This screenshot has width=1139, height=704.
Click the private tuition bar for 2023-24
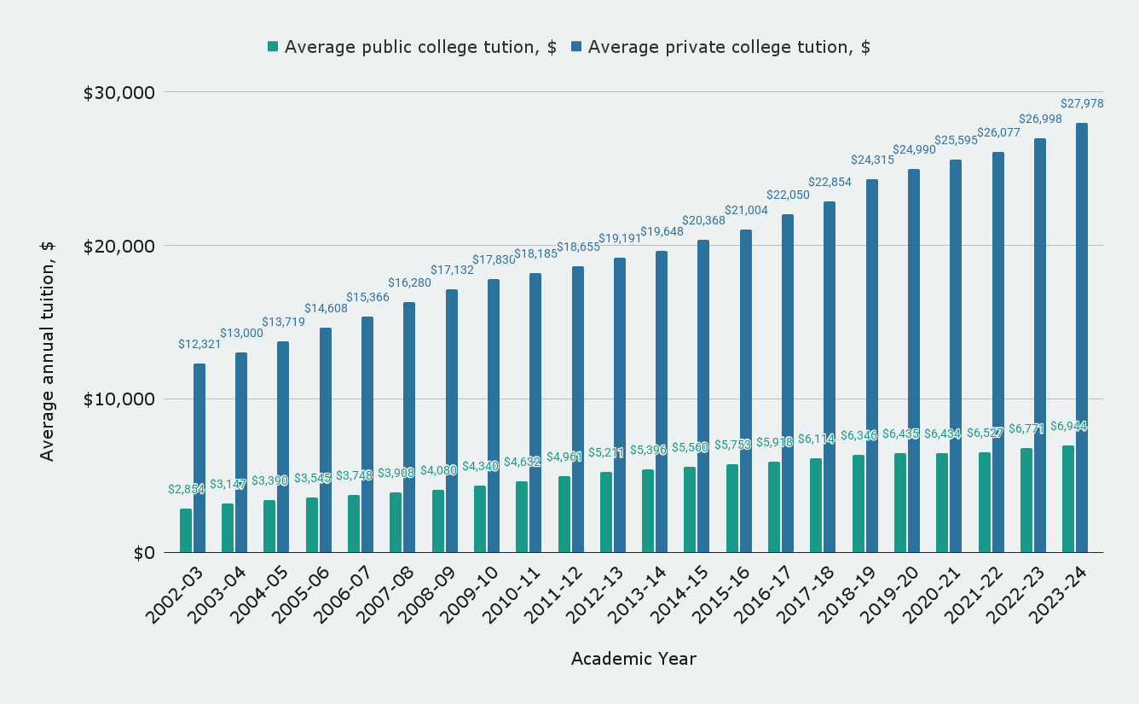[x=1082, y=338]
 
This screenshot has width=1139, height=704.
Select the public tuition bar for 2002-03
[x=186, y=531]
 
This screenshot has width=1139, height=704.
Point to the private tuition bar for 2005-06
[x=326, y=440]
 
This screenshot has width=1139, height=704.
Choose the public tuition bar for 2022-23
[x=1026, y=500]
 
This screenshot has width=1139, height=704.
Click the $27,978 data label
[x=1082, y=103]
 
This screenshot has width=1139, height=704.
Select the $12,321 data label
[x=199, y=344]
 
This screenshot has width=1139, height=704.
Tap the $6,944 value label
[x=1068, y=426]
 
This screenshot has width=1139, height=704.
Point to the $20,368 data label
[x=703, y=220]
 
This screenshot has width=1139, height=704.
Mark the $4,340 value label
[x=480, y=467]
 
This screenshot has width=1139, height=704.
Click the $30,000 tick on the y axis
[x=119, y=92]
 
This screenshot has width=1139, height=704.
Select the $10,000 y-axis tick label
[x=119, y=399]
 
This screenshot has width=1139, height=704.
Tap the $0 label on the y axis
[x=143, y=553]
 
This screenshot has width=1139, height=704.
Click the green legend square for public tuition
[x=273, y=46]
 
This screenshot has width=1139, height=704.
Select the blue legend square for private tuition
[x=576, y=46]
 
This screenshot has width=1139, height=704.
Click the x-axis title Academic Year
[x=633, y=659]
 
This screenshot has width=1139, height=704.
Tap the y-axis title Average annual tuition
[x=47, y=350]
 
